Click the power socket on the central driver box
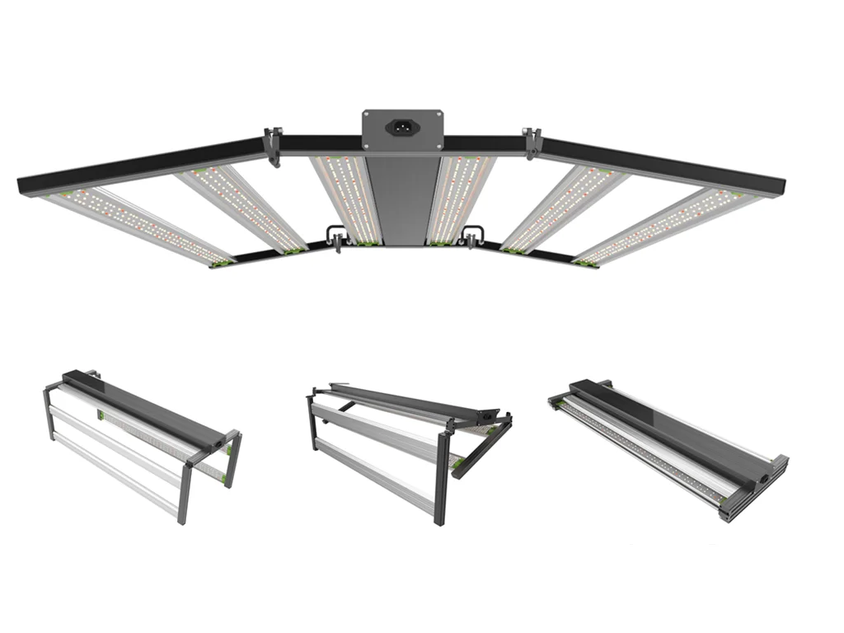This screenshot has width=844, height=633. [403, 128]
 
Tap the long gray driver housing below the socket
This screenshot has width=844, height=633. [403, 198]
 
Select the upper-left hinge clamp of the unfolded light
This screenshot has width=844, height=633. [273, 145]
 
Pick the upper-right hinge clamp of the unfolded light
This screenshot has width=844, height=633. [532, 143]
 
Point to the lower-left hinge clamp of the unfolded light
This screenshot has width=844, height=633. [335, 238]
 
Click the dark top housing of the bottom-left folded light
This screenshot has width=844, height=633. [140, 406]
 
